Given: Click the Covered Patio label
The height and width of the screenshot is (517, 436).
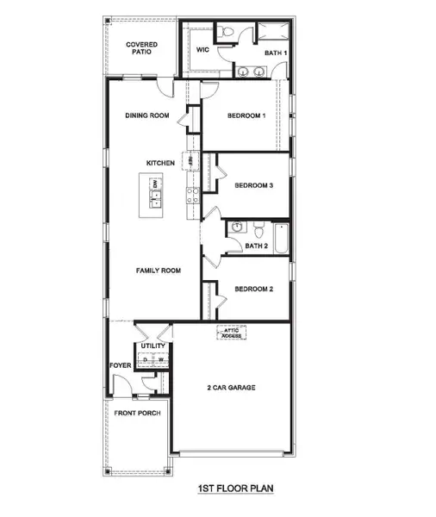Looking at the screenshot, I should [x=140, y=48].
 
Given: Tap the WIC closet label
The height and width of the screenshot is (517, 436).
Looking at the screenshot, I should [x=203, y=51].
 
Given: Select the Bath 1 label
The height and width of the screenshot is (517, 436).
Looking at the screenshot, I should [x=275, y=53].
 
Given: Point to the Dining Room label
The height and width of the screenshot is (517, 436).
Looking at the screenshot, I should [x=147, y=116].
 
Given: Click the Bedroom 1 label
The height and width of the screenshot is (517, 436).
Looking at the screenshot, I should [x=248, y=116].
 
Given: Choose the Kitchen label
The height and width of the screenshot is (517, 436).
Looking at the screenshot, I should [x=160, y=163].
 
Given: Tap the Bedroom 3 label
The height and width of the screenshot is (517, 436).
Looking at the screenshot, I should [x=254, y=185].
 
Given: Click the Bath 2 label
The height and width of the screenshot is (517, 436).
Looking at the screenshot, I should [x=256, y=246].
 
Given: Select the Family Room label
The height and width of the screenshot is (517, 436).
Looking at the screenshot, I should [x=159, y=271].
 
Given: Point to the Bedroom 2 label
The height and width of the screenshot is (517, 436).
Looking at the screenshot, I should [x=254, y=290].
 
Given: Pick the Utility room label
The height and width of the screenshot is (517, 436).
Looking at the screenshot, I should [x=153, y=346].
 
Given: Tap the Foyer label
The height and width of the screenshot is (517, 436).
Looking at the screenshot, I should [x=120, y=365].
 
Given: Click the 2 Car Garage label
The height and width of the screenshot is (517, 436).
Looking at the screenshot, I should [x=232, y=389].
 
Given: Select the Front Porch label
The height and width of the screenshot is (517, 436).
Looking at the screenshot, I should [x=138, y=413].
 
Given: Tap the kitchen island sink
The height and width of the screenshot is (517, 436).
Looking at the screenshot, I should [x=156, y=200].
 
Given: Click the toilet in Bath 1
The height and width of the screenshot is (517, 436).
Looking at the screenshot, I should [x=227, y=32].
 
